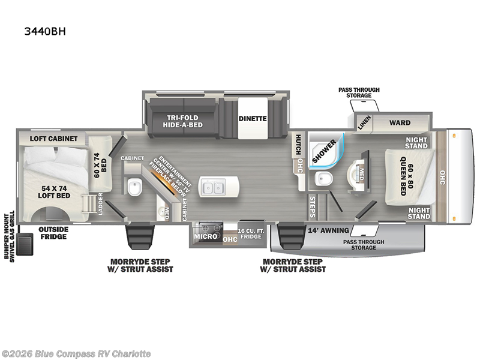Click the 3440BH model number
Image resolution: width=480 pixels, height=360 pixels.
tap(45, 32)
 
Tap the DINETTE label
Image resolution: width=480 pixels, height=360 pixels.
tap(253, 118)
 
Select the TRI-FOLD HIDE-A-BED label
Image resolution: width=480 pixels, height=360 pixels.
tap(182, 121)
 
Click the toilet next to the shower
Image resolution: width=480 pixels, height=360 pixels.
tap(323, 178)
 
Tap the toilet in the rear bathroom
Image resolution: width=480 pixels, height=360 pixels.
tap(134, 188)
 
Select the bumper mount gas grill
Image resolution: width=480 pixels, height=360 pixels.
tap(25, 244)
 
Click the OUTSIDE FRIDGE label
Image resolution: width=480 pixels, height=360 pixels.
tap(53, 233)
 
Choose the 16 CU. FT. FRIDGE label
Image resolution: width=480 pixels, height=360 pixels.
tap(250, 234)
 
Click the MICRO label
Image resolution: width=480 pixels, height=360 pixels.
tap(206, 236)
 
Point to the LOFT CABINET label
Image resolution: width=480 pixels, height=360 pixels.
tap(53, 139)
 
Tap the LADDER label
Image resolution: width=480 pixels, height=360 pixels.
tap(100, 203)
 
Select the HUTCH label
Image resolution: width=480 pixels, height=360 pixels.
tap(298, 144)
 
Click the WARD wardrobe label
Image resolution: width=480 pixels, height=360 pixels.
tap(400, 123)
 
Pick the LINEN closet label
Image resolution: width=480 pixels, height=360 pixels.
tap(364, 123)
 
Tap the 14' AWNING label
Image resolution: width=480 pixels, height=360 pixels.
tap(328, 230)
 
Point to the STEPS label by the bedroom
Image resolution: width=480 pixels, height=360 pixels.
tap(312, 207)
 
